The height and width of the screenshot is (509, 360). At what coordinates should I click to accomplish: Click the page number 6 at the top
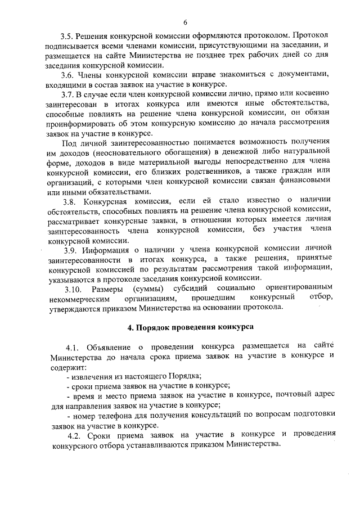tap(184, 22)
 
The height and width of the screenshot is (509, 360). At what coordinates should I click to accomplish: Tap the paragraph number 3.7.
tap(67, 93)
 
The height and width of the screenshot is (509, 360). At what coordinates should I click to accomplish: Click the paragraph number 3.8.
tap(70, 201)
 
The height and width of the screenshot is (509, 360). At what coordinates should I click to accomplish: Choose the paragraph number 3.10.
tap(73, 288)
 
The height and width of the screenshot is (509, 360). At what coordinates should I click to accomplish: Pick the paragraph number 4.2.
tap(75, 434)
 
